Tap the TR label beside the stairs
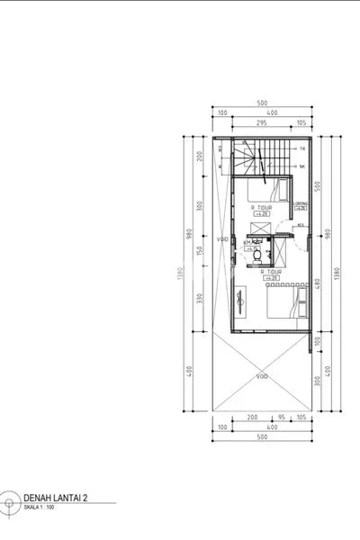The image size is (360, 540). coord(302,148)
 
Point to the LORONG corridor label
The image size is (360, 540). coord(301,203)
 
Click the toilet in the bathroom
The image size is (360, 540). coord(258,255)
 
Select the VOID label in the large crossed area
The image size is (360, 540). coord(262,375)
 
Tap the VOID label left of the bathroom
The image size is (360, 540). coord(222,240)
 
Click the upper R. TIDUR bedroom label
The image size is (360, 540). coord(262,208)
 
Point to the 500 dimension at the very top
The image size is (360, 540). coord(262,102)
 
